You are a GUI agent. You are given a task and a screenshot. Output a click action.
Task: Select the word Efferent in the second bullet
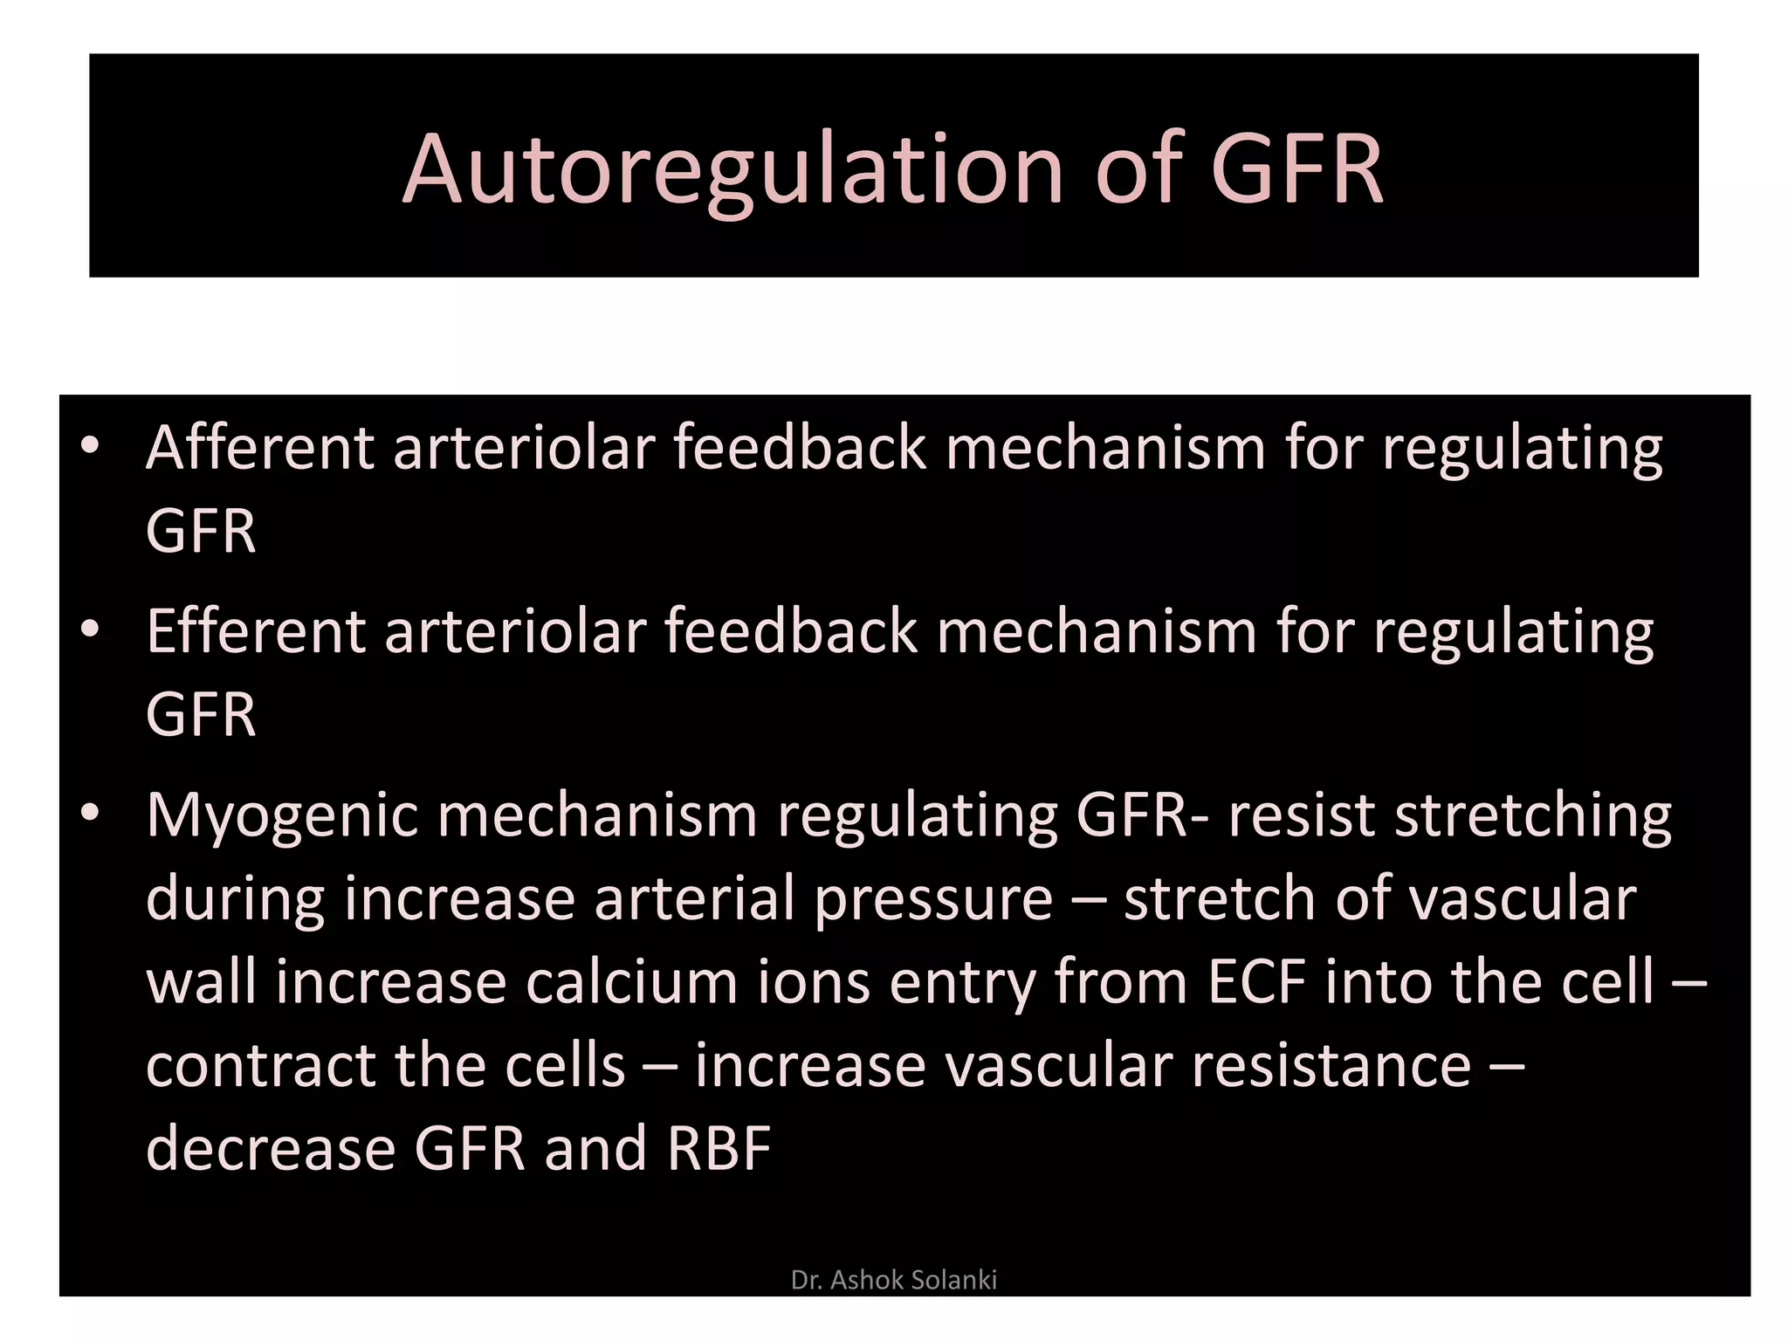[255, 631]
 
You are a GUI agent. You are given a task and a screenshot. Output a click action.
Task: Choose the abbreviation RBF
[719, 1148]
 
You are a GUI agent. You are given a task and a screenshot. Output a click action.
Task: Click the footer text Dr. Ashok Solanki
[893, 1280]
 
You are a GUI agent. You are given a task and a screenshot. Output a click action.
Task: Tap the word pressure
[933, 899]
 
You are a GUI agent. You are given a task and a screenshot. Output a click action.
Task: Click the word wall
[201, 981]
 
